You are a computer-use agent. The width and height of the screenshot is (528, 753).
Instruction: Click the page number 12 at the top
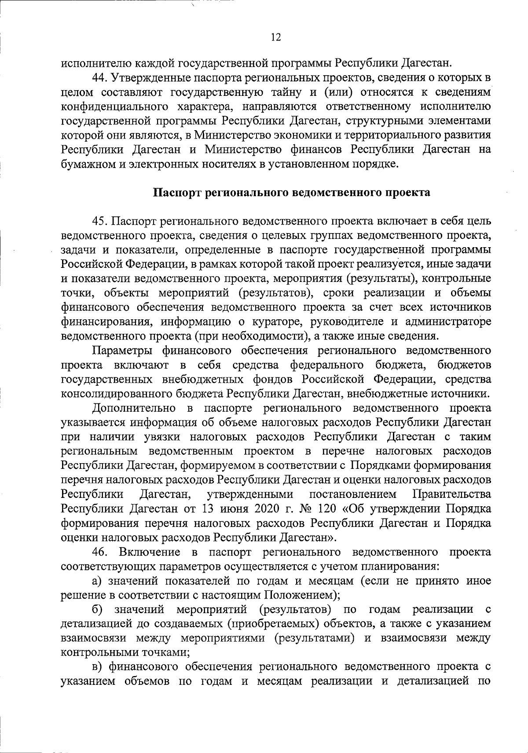click(x=276, y=37)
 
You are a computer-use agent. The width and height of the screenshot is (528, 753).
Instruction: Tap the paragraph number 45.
click(x=100, y=221)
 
